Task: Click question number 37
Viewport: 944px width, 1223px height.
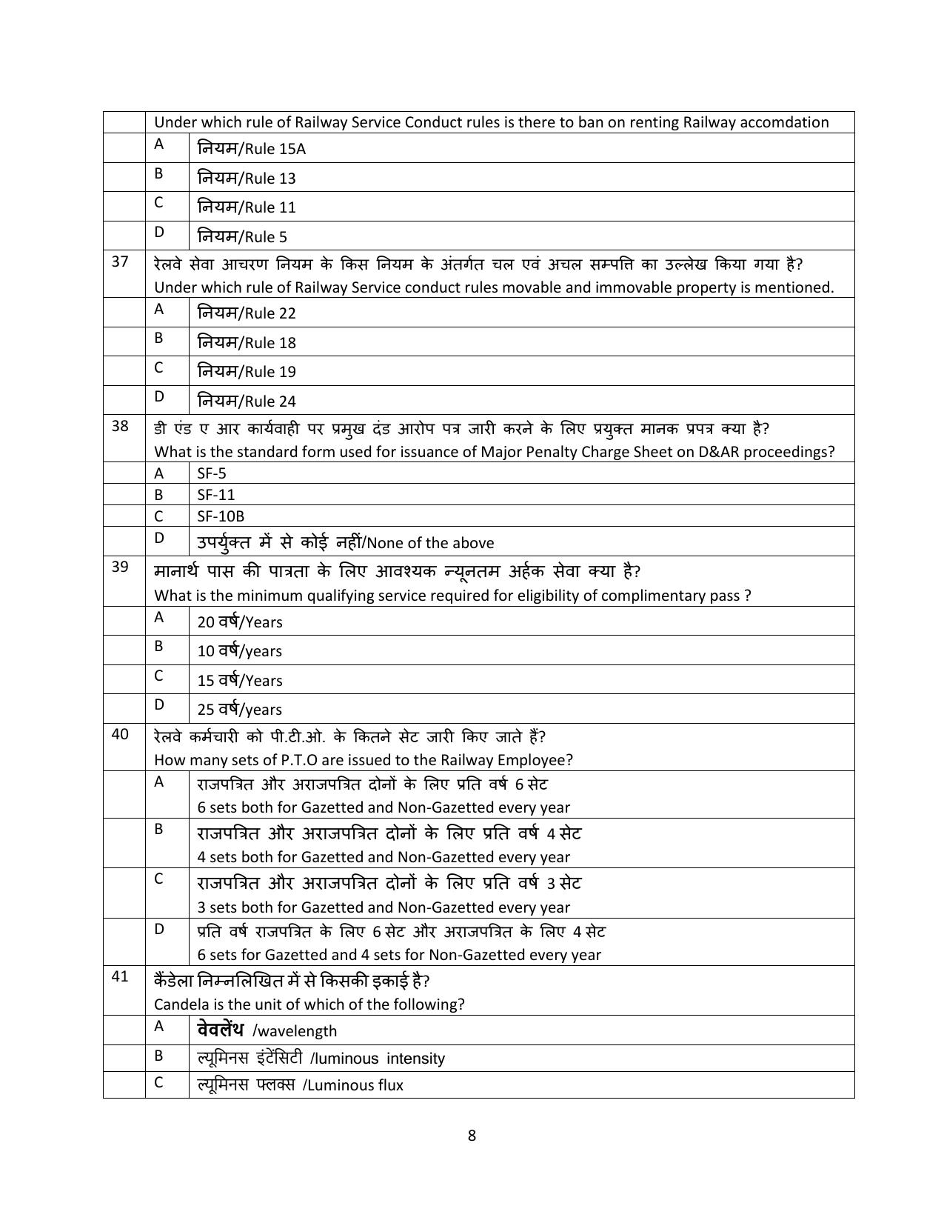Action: point(120,261)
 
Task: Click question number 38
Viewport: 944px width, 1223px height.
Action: point(120,426)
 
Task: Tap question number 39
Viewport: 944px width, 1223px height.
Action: point(120,567)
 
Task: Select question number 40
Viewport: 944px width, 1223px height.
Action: point(120,734)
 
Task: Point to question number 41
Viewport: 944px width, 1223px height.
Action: point(120,977)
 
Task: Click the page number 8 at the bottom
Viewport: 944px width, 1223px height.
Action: point(472,1136)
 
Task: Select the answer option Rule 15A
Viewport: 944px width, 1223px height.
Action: point(252,149)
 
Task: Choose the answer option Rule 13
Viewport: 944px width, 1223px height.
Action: point(247,179)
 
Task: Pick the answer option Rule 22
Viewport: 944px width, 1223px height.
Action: point(247,313)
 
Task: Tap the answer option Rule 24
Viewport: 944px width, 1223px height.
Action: point(247,401)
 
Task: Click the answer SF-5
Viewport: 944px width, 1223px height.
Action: point(212,473)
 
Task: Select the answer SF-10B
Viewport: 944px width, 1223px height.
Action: point(221,516)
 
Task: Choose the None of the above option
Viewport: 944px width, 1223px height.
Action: point(345,543)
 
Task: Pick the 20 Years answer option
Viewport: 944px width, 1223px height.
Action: point(240,622)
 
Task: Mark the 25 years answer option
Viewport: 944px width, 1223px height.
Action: point(240,710)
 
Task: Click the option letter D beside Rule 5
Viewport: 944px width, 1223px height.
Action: point(158,232)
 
